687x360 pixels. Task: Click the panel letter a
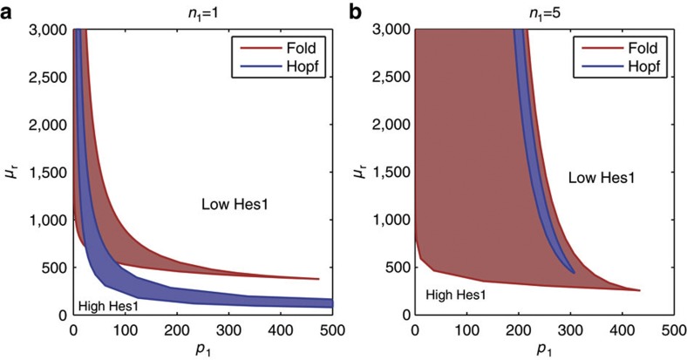click(x=10, y=12)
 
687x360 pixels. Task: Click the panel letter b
click(x=356, y=12)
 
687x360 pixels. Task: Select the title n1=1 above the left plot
click(x=202, y=12)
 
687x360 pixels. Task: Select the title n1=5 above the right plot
click(x=544, y=12)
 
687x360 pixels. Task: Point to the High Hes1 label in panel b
click(x=455, y=295)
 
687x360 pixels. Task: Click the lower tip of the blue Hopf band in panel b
click(x=575, y=272)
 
